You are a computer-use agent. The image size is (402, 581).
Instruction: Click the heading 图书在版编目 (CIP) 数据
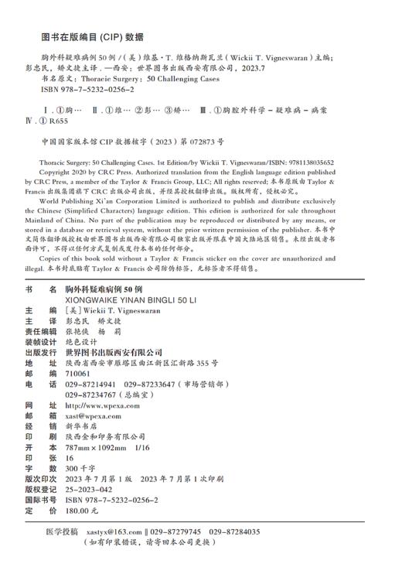91,36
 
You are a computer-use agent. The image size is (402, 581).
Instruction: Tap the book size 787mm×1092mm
95,448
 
